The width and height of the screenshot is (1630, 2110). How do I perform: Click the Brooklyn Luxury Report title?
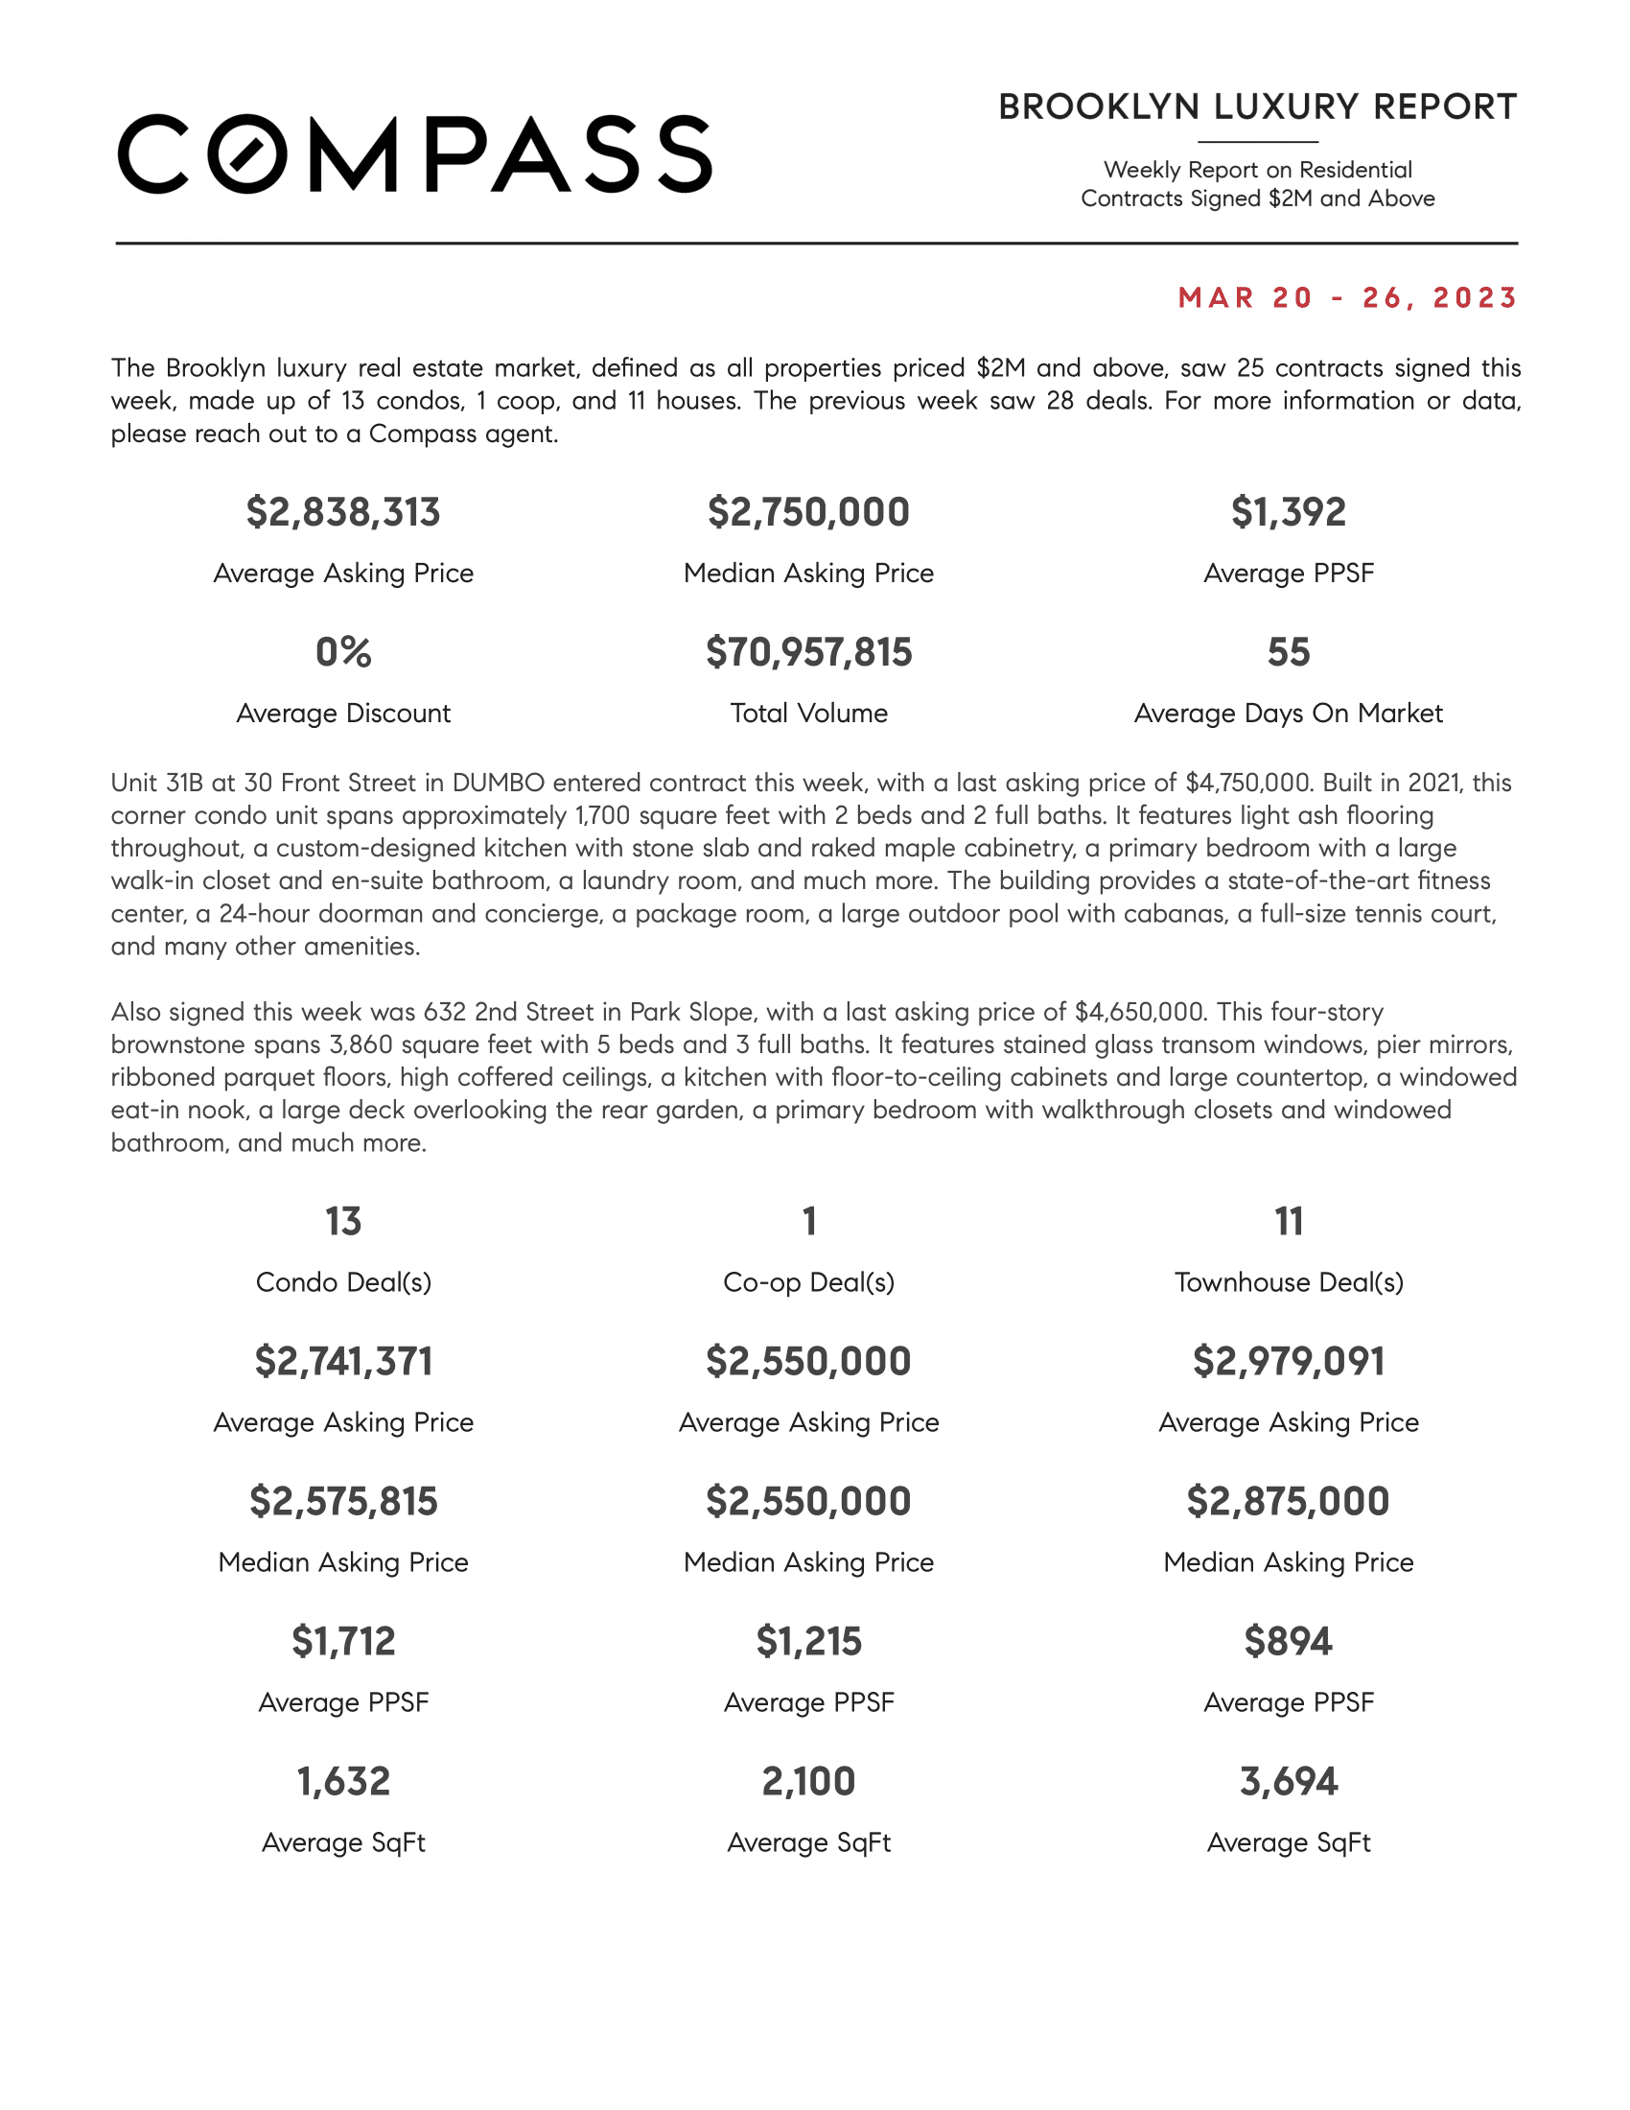[x=1257, y=107]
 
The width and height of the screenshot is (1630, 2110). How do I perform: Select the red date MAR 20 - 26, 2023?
[x=1347, y=297]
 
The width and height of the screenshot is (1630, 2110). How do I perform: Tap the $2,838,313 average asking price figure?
[x=343, y=512]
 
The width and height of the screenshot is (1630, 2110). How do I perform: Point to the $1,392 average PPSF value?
[x=1288, y=512]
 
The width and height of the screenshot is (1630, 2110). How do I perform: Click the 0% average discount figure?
[x=343, y=652]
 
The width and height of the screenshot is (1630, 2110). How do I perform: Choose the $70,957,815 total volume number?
[x=808, y=652]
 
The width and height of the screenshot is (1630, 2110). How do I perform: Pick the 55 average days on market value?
[x=1288, y=652]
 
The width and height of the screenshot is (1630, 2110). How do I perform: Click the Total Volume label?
[x=808, y=713]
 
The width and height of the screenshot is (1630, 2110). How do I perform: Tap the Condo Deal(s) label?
[x=343, y=1282]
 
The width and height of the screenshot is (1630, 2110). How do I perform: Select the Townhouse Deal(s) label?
[x=1288, y=1282]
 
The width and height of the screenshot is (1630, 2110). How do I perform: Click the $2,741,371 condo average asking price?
[x=343, y=1361]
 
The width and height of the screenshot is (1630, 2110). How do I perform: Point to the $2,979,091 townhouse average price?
[x=1288, y=1361]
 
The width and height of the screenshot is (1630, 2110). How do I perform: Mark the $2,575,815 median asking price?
[x=343, y=1501]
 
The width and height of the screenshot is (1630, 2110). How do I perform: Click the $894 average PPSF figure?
[x=1288, y=1641]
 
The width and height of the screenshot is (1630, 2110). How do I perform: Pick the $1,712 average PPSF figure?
[x=343, y=1641]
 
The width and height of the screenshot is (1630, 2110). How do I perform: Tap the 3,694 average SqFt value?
[x=1288, y=1782]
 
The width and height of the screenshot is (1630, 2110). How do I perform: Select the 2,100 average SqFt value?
[x=808, y=1782]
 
